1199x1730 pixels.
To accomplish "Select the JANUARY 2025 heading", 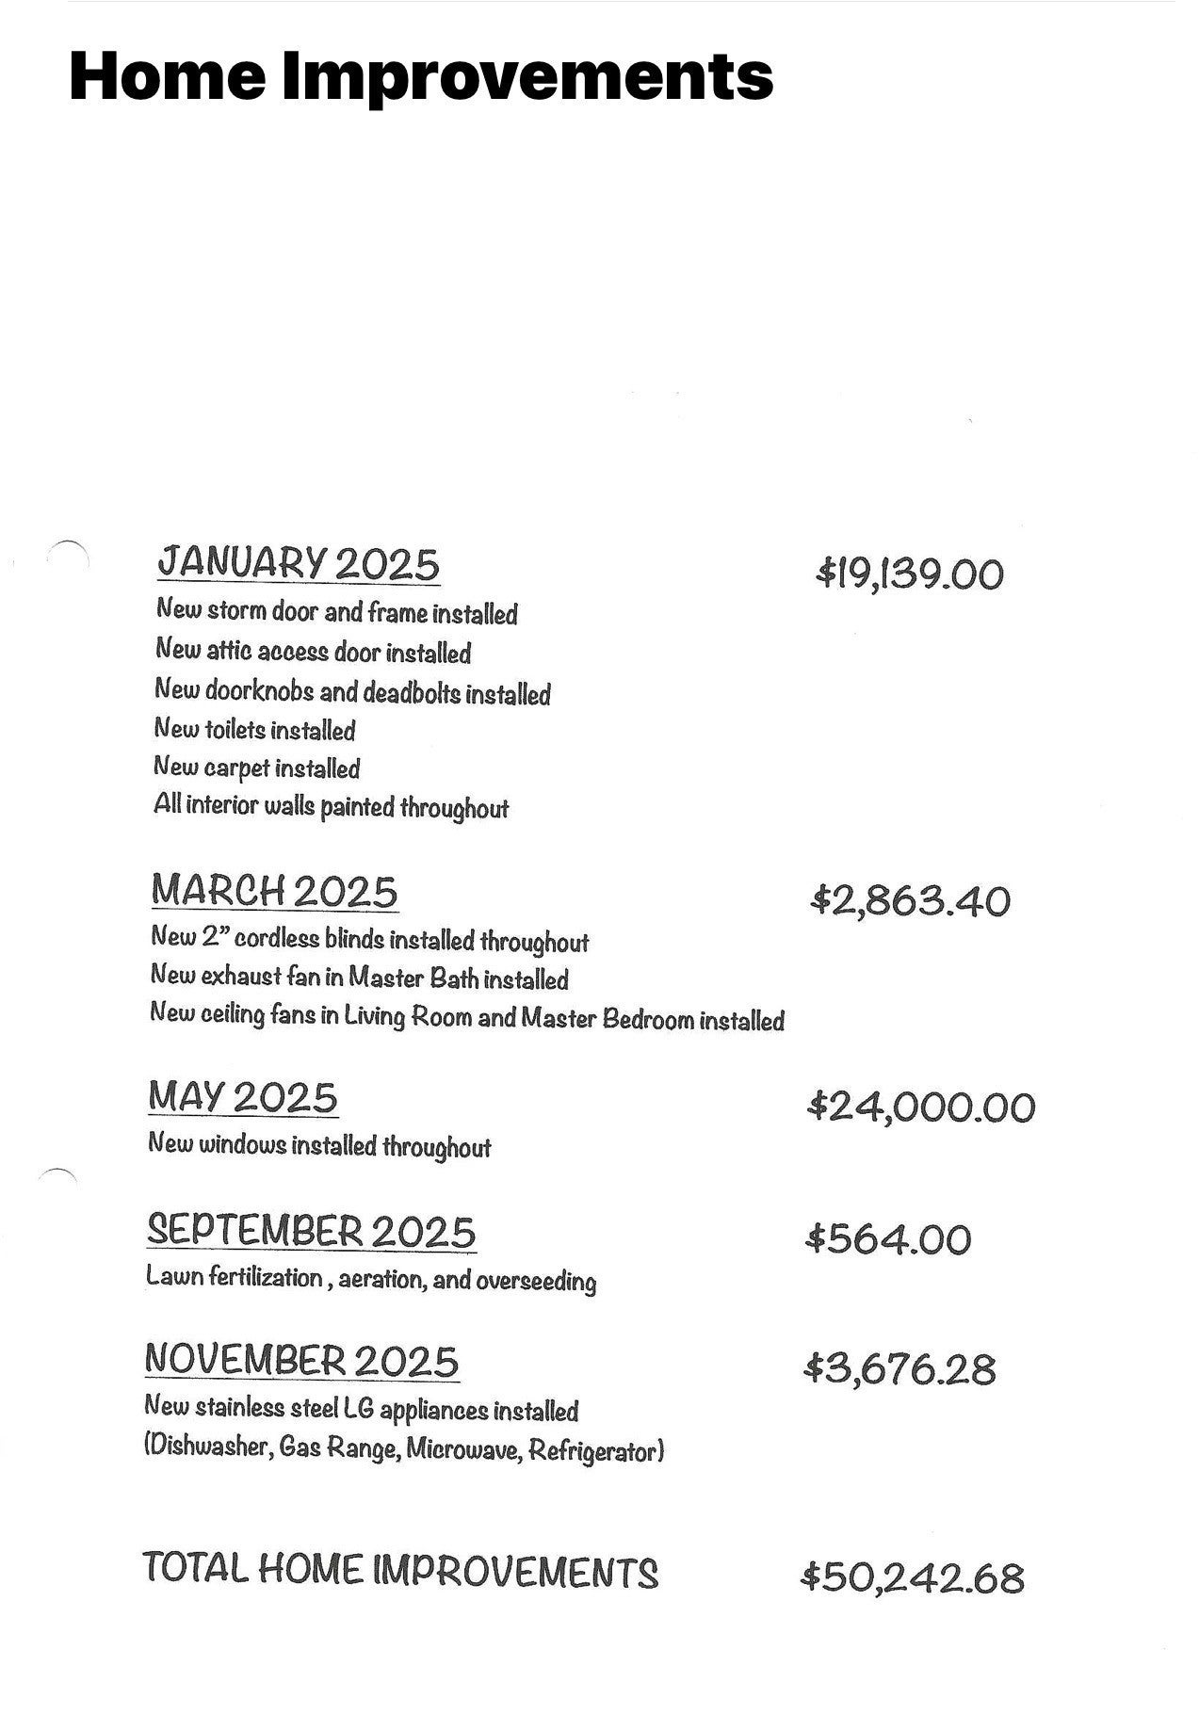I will (298, 563).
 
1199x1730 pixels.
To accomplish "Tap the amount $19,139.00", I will (910, 574).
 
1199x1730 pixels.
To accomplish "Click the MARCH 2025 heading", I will (274, 891).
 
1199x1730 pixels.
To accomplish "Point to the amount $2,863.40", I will (910, 901).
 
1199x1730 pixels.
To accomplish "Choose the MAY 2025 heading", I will (243, 1098).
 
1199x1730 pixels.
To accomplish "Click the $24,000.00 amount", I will (921, 1107).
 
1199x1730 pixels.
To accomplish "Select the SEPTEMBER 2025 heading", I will (311, 1232).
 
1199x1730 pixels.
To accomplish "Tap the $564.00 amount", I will (888, 1239).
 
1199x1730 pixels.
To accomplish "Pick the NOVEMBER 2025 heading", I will (301, 1361).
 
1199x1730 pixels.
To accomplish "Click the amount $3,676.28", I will (899, 1368).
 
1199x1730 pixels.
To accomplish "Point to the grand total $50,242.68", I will (912, 1577).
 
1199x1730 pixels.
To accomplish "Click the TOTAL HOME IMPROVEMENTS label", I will (400, 1570).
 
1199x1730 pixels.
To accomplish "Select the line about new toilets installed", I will (254, 730).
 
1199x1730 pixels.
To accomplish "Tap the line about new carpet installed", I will (257, 768).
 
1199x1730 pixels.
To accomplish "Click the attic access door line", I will (313, 652).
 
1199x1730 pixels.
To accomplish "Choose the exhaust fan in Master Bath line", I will (359, 978).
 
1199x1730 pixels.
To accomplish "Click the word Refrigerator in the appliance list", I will (596, 1450).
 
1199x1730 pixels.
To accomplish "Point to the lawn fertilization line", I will (371, 1280).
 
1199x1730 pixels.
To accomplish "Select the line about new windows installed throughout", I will (319, 1146).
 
